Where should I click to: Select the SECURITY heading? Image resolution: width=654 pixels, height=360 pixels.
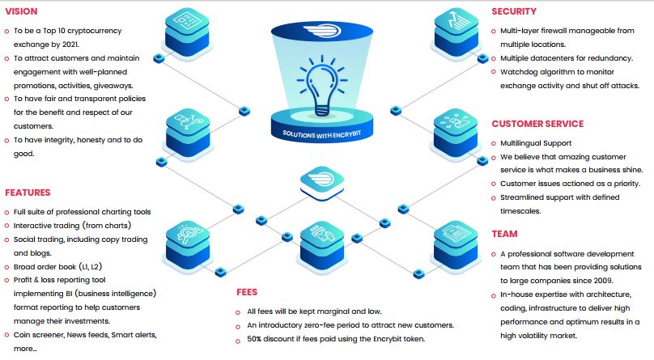514,12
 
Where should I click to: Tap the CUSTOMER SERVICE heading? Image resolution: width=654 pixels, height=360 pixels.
537,124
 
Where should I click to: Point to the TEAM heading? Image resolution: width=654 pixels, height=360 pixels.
504,235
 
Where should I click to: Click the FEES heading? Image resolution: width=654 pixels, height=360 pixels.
248,291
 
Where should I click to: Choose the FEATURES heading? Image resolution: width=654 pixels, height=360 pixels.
28,193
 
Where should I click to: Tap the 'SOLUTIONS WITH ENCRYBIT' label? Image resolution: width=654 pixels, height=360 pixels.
328,133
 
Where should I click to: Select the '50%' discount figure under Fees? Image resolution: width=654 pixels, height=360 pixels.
259,338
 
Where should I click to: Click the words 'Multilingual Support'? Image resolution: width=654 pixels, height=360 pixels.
536,143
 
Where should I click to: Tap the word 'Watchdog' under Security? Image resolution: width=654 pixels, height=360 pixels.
520,72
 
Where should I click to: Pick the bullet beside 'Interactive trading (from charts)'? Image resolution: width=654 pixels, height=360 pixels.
7,225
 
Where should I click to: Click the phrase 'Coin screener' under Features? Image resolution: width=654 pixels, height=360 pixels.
41,335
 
